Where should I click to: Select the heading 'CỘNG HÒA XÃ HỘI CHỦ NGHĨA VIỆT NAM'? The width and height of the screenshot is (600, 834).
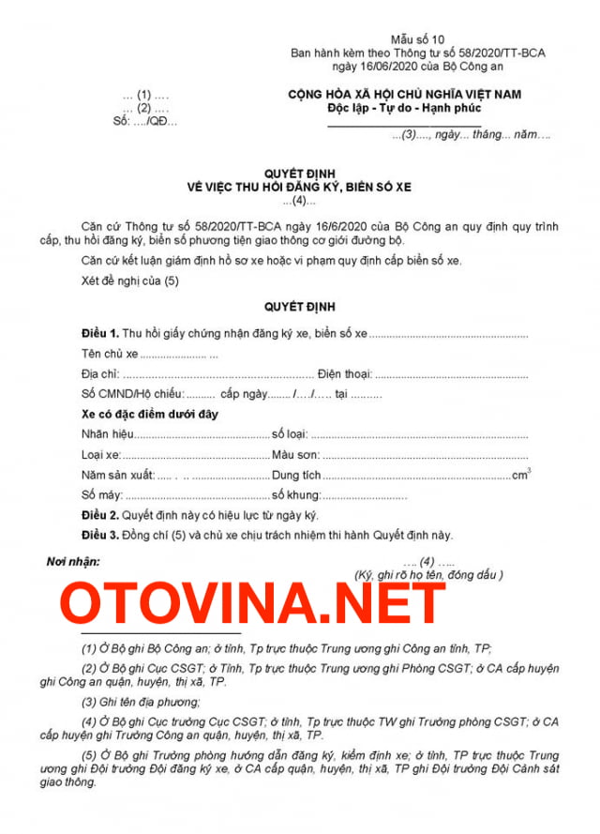click(x=404, y=95)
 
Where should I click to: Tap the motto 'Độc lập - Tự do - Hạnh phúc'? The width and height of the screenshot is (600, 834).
click(x=404, y=109)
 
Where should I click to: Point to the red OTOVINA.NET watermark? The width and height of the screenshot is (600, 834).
click(x=252, y=604)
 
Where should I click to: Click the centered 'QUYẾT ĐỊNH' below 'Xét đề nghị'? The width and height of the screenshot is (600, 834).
click(x=299, y=307)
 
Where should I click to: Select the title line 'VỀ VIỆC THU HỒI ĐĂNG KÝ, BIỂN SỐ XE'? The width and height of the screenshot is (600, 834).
click(x=299, y=188)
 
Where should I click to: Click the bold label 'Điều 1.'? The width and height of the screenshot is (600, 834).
click(x=99, y=334)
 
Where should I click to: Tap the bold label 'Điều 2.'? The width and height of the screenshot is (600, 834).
click(x=99, y=516)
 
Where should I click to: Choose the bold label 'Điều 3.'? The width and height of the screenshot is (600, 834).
click(x=99, y=535)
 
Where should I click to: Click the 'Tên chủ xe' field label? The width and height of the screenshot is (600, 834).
click(x=110, y=354)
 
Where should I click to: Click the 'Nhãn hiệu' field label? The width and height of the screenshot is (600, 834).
click(x=107, y=434)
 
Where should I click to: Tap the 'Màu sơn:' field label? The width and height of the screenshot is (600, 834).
click(x=296, y=455)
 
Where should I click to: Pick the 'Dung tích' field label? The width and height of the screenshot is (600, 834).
click(x=296, y=476)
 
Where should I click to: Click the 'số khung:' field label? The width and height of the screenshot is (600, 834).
click(x=296, y=495)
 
